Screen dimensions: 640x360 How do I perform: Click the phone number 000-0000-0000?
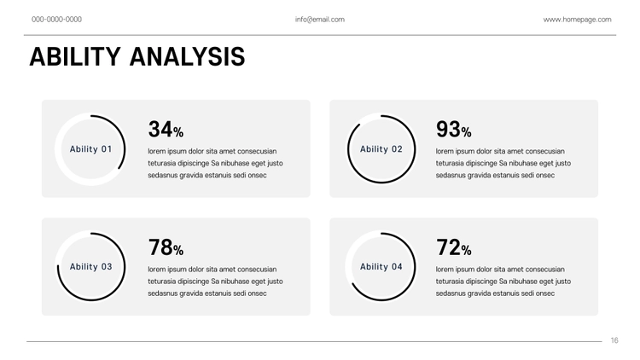click(56, 19)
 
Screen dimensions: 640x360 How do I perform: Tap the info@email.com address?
click(320, 19)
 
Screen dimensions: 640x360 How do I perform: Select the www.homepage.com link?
click(577, 19)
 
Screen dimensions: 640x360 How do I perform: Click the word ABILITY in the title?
click(75, 56)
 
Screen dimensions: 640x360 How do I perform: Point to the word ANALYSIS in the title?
click(188, 56)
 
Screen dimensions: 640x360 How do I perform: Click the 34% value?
click(166, 129)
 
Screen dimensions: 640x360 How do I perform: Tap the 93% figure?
click(453, 129)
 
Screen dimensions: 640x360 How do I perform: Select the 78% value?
click(166, 247)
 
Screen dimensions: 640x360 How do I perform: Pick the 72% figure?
click(453, 247)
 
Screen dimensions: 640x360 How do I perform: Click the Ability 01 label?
click(90, 149)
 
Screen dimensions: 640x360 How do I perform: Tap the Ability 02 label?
click(381, 149)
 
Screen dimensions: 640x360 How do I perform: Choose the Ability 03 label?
click(90, 267)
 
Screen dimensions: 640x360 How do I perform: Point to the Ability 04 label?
click(381, 267)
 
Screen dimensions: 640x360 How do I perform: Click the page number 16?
click(614, 340)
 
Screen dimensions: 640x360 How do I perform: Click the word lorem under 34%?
click(156, 151)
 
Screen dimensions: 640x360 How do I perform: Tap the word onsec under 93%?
click(545, 175)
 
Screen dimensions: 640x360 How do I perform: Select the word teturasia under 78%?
click(162, 282)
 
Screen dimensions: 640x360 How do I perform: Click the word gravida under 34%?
click(191, 175)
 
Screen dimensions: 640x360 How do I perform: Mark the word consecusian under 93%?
click(545, 151)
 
